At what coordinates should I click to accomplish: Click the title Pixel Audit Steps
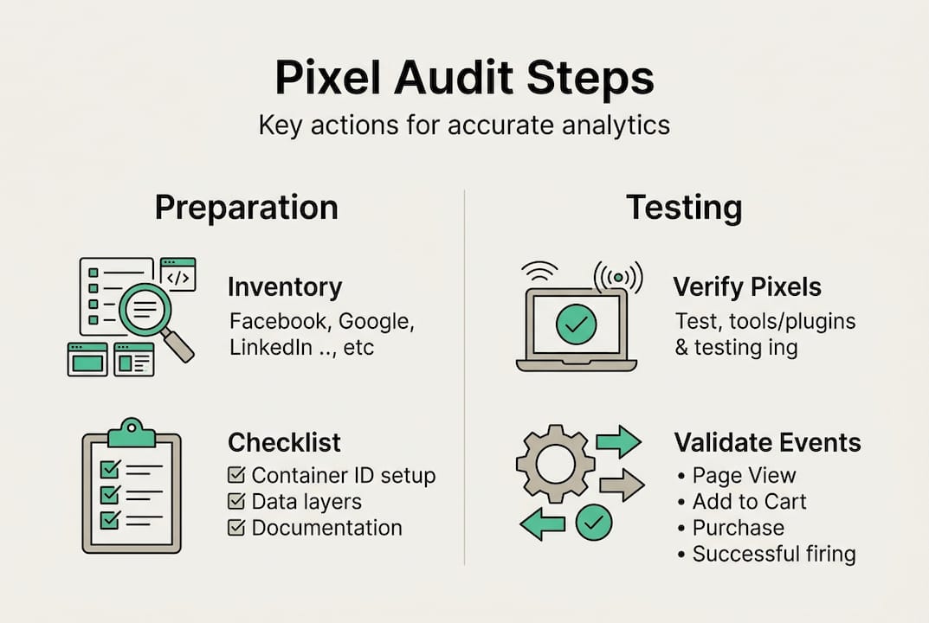[x=464, y=78]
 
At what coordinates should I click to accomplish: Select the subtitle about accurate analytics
[x=464, y=125]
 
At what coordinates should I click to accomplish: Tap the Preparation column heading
[x=246, y=209]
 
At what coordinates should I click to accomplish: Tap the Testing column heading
[x=684, y=209]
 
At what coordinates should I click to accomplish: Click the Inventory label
[x=285, y=287]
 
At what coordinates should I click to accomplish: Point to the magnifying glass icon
[x=151, y=312]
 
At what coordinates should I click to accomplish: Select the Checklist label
[x=284, y=442]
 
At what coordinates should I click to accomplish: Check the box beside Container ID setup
[x=235, y=476]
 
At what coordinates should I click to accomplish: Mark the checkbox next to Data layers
[x=235, y=502]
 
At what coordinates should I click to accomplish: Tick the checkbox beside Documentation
[x=235, y=528]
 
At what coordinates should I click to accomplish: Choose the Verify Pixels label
[x=747, y=286]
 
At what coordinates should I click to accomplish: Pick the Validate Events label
[x=767, y=442]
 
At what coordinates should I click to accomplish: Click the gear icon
[x=555, y=464]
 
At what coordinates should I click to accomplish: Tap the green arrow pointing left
[x=542, y=523]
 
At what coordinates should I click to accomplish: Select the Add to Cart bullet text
[x=749, y=502]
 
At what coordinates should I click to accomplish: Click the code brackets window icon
[x=177, y=274]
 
